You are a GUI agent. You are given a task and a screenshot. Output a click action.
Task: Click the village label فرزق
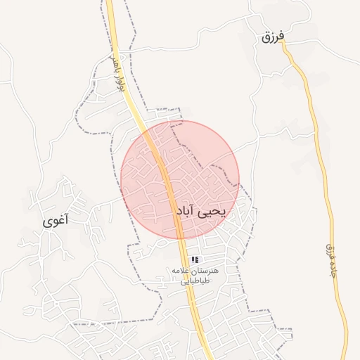point(271,37)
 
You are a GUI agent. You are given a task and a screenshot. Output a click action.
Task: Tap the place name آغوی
point(56,221)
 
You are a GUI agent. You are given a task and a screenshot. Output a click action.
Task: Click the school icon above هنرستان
point(195,260)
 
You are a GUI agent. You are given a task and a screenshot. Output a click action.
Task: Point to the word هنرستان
point(205,271)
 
